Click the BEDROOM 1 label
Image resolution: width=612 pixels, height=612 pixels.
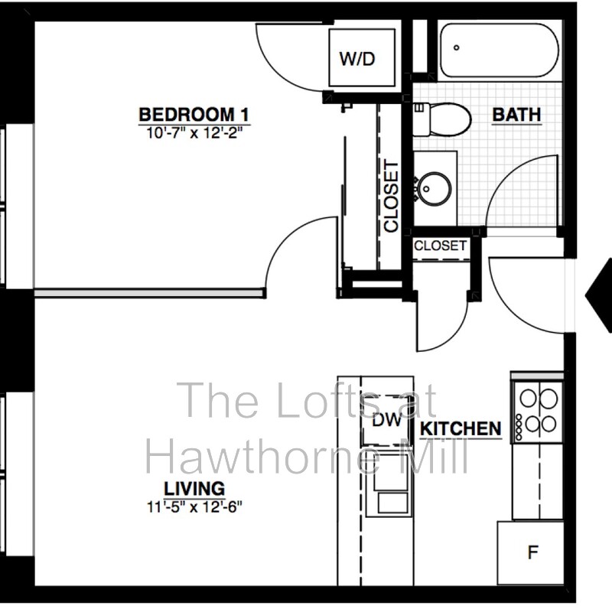click(194, 115)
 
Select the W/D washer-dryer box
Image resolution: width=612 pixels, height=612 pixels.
click(358, 59)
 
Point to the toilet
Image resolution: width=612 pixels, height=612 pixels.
click(444, 119)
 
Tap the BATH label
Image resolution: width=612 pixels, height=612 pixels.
click(516, 115)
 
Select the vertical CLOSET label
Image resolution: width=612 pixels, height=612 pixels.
click(391, 196)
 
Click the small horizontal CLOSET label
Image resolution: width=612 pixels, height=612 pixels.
click(440, 246)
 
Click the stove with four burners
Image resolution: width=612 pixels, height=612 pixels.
click(538, 412)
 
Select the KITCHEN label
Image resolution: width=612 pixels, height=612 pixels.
click(461, 428)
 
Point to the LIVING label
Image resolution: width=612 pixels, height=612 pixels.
click(194, 487)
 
